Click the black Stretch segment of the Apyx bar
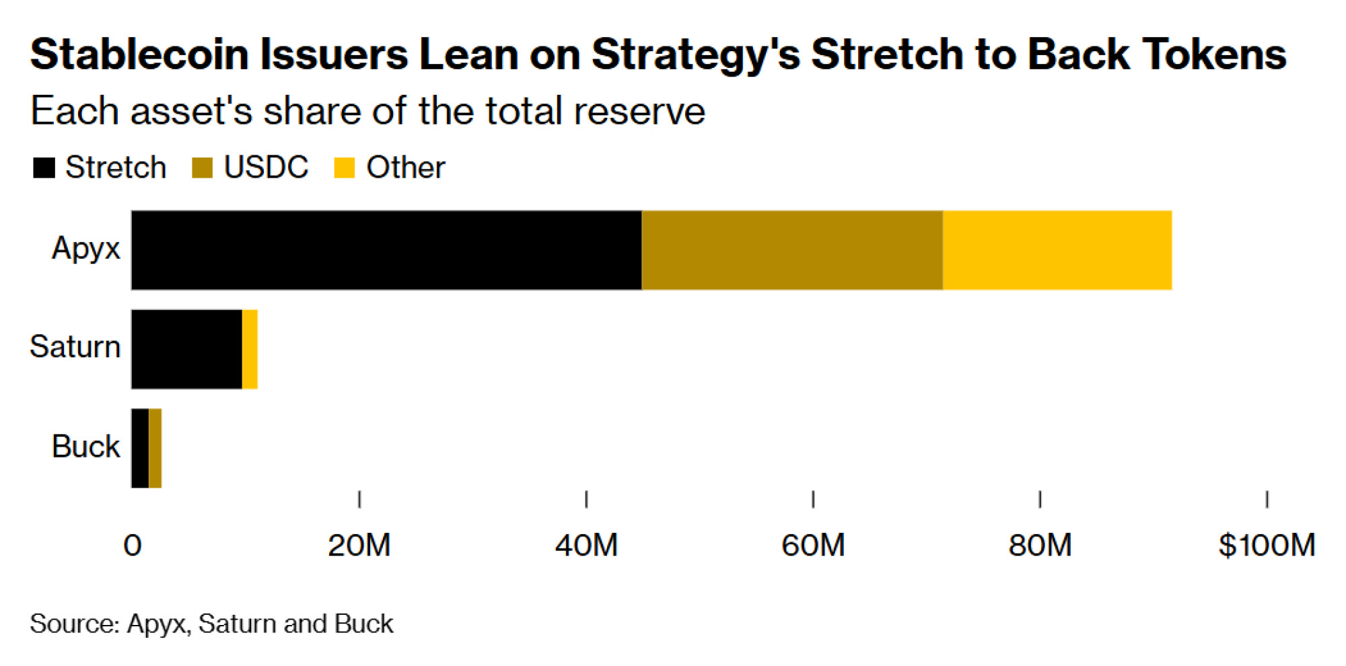tap(386, 250)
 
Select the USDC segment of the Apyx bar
tap(792, 250)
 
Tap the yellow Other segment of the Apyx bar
tap(1057, 250)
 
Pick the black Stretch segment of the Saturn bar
tap(187, 349)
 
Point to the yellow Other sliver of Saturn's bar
tap(250, 349)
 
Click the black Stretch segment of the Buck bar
tap(141, 448)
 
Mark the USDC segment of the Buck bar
tap(155, 448)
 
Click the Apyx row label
tap(86, 248)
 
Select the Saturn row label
tap(75, 347)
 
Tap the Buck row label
tap(86, 447)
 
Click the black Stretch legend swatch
tap(44, 168)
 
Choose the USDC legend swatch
tap(202, 168)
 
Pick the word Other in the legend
tap(405, 168)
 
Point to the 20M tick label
tap(359, 545)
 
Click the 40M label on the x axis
tap(586, 545)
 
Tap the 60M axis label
tap(813, 545)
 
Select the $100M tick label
tap(1267, 545)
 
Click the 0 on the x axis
tap(133, 545)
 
